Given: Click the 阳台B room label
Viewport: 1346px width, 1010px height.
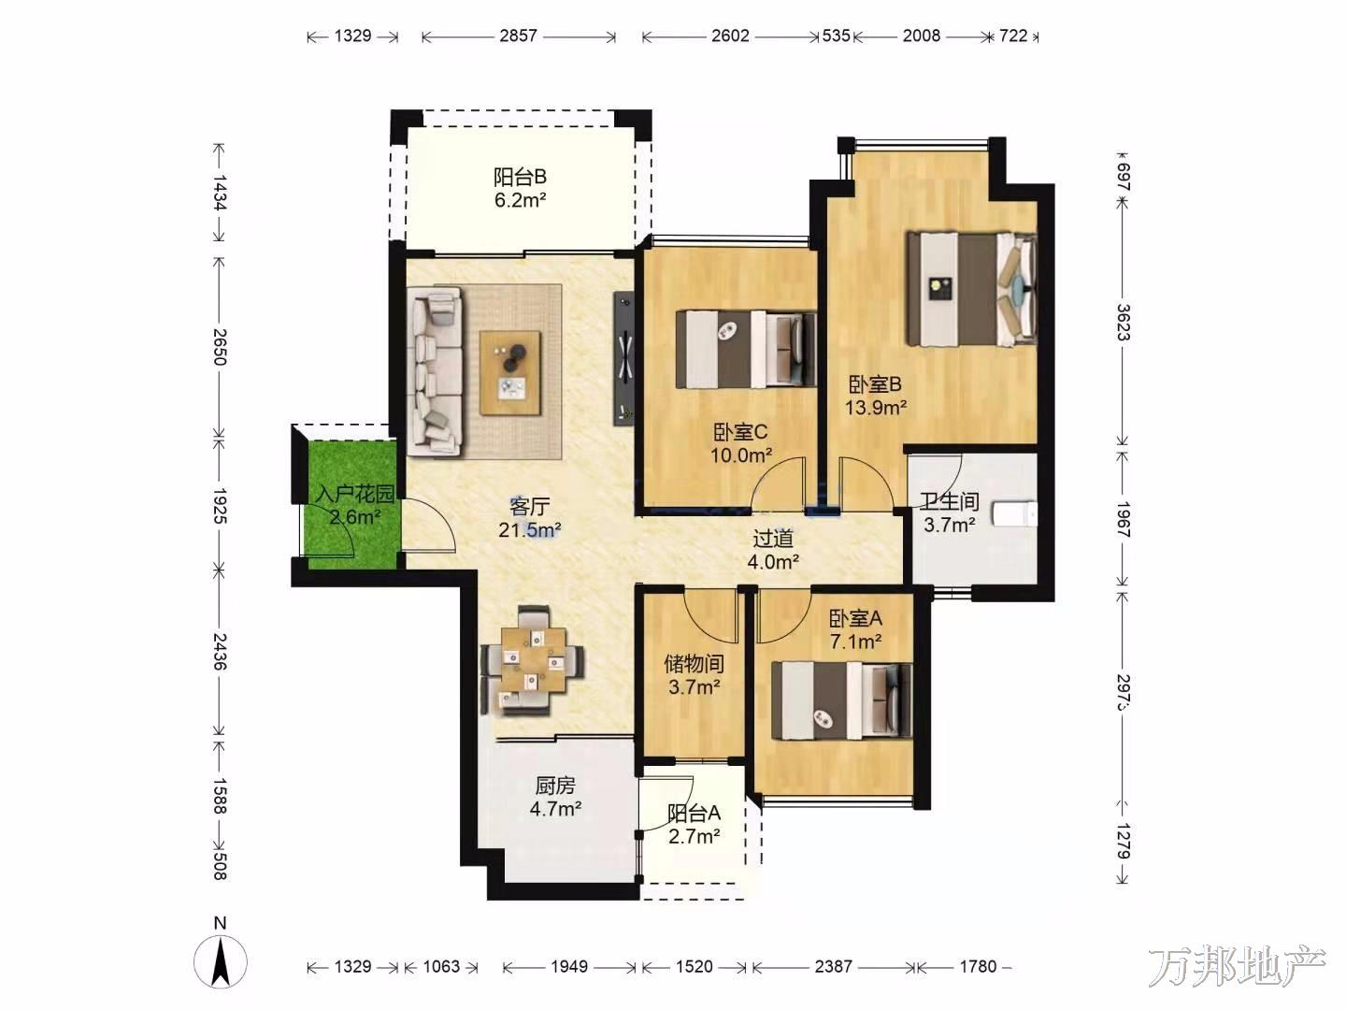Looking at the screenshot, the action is (520, 178).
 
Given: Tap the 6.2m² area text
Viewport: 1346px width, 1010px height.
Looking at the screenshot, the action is (520, 200).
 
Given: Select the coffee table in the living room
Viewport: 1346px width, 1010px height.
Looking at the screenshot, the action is (510, 373).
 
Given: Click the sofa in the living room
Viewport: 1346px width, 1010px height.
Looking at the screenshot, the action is (436, 372).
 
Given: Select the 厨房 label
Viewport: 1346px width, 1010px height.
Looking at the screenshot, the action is (555, 786).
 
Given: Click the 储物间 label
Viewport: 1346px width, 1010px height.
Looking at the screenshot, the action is (694, 664).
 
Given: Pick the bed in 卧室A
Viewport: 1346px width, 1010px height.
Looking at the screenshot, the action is (841, 701).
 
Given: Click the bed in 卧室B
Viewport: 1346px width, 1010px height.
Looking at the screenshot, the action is (972, 289).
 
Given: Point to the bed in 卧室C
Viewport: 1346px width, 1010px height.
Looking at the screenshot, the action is (746, 350).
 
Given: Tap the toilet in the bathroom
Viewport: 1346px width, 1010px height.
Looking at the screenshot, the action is (1015, 514).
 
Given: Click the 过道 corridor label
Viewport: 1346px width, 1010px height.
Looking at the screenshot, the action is (773, 539).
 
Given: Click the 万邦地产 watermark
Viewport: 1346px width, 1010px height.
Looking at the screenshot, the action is (1237, 964).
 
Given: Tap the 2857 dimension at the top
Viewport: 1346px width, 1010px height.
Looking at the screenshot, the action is (518, 36).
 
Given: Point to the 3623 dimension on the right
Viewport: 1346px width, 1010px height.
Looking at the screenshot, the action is (1123, 323).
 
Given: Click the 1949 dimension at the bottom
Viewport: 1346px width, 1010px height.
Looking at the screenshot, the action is (569, 966).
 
